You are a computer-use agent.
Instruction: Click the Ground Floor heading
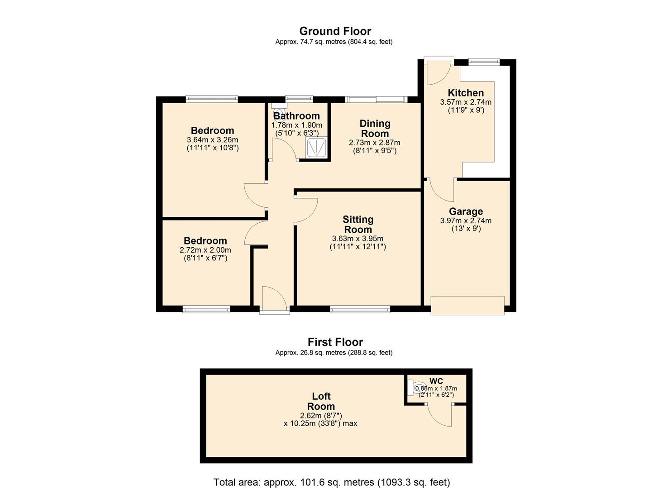(335, 31)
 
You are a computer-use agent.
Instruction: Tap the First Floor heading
(335, 342)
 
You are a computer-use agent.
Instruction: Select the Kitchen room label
(466, 93)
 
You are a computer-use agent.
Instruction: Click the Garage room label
(466, 211)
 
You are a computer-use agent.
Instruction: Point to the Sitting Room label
(358, 225)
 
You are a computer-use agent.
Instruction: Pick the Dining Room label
(375, 129)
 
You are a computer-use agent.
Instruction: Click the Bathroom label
(296, 116)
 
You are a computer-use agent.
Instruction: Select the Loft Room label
(321, 402)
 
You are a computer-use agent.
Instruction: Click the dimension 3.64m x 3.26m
(212, 140)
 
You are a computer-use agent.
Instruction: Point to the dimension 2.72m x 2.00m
(205, 250)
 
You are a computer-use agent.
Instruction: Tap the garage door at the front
(467, 306)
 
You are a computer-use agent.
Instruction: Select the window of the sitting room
(360, 309)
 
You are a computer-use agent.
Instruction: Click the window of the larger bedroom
(211, 98)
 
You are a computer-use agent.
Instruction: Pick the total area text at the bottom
(332, 482)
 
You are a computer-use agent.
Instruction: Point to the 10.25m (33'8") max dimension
(320, 424)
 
